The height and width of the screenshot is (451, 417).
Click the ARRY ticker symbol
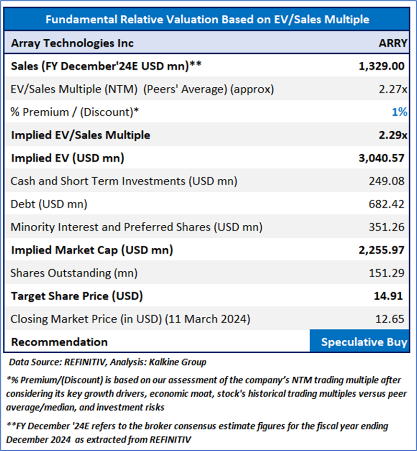(393, 43)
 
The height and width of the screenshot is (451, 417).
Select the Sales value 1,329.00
(382, 66)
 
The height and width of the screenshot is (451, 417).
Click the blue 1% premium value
(400, 112)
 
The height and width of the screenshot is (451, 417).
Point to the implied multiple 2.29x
(393, 135)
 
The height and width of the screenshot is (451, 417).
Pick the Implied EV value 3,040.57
(382, 158)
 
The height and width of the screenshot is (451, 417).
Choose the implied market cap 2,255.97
(382, 250)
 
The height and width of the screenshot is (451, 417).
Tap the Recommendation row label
(59, 342)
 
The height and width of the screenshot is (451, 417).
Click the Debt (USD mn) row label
(49, 204)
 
